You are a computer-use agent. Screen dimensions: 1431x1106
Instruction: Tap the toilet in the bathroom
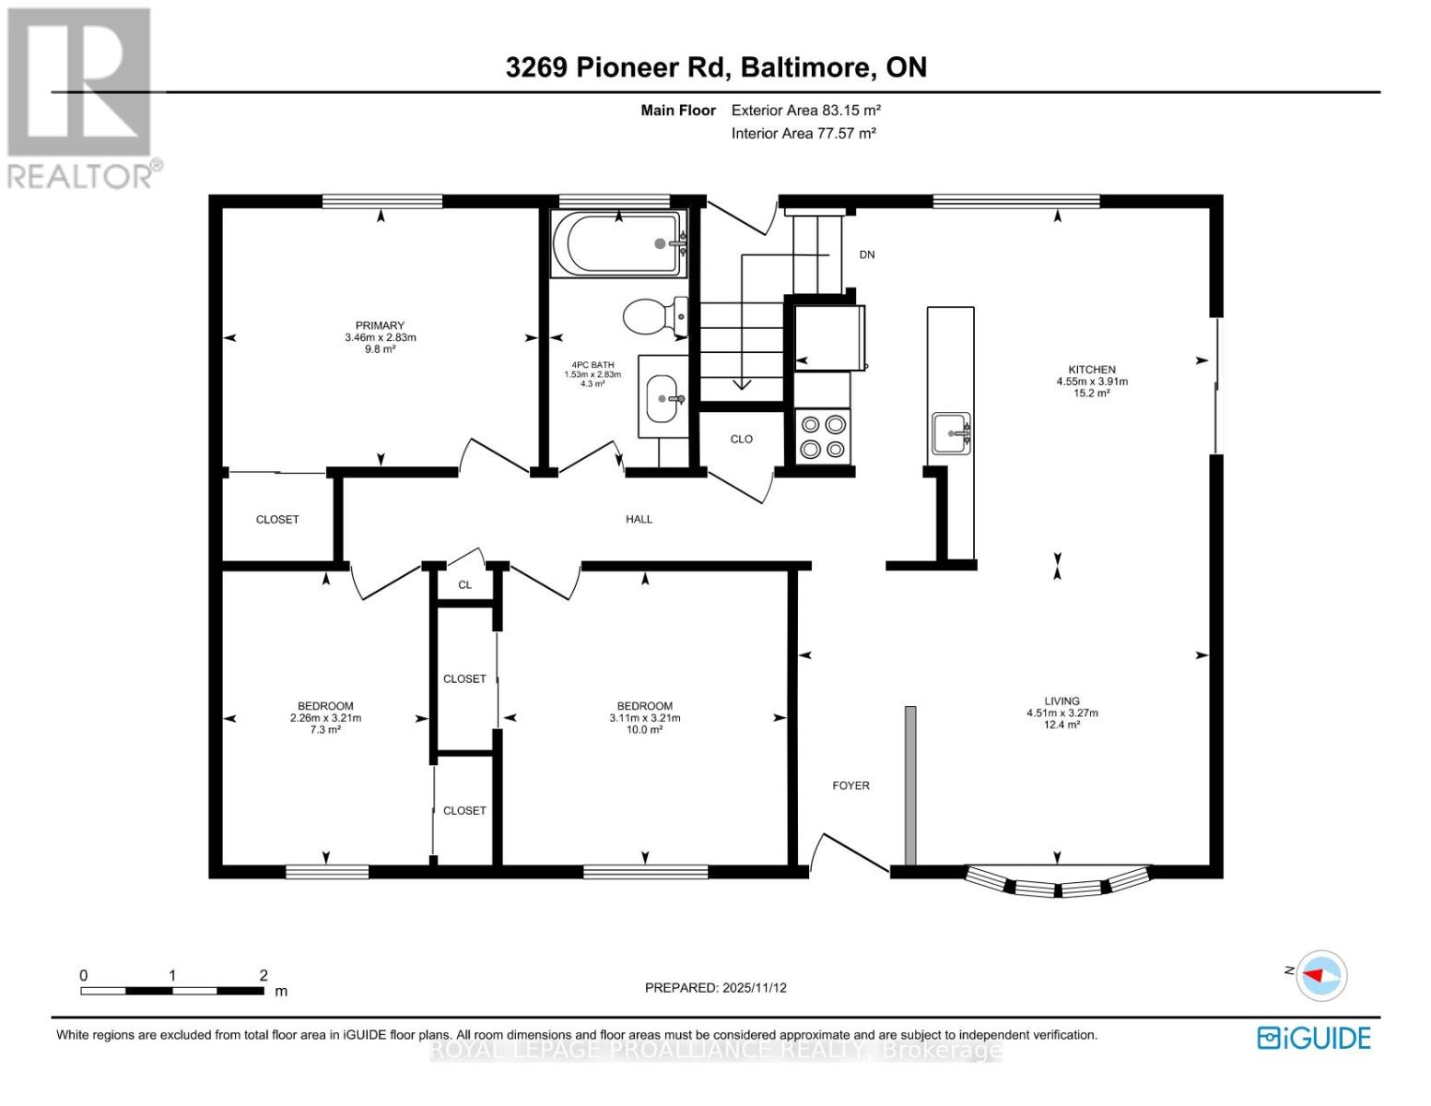[x=656, y=317]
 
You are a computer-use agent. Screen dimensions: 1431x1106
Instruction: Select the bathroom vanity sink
[x=663, y=398]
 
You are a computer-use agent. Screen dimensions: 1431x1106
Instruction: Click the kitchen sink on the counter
[x=951, y=433]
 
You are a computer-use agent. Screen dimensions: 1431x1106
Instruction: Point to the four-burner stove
[x=823, y=436]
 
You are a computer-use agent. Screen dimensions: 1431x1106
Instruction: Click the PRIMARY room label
[x=380, y=325]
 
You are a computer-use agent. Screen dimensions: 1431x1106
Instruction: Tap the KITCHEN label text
[x=1092, y=370]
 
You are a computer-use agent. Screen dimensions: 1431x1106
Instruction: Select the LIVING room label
[x=1062, y=700]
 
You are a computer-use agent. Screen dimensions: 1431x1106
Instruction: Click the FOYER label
[x=850, y=785]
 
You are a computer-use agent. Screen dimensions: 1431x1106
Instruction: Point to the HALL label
[x=639, y=519]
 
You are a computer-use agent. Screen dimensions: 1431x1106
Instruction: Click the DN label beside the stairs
[x=867, y=254]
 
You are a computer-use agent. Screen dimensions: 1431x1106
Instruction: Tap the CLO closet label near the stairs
[x=742, y=439]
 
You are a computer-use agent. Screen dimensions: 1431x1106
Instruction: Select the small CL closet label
[x=465, y=584]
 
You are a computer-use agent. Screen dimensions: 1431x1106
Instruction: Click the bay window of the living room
[x=1058, y=881]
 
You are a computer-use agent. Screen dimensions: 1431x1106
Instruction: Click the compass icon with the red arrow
[x=1321, y=975]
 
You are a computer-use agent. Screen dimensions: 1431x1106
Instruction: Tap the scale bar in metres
[x=172, y=991]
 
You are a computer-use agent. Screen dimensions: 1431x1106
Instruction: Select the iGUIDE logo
[x=1314, y=1038]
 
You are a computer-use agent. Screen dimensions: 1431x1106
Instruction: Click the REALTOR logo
[x=82, y=99]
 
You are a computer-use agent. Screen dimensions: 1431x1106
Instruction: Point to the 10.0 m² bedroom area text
[x=645, y=730]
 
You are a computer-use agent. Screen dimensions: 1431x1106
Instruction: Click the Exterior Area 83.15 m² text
[x=806, y=110]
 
